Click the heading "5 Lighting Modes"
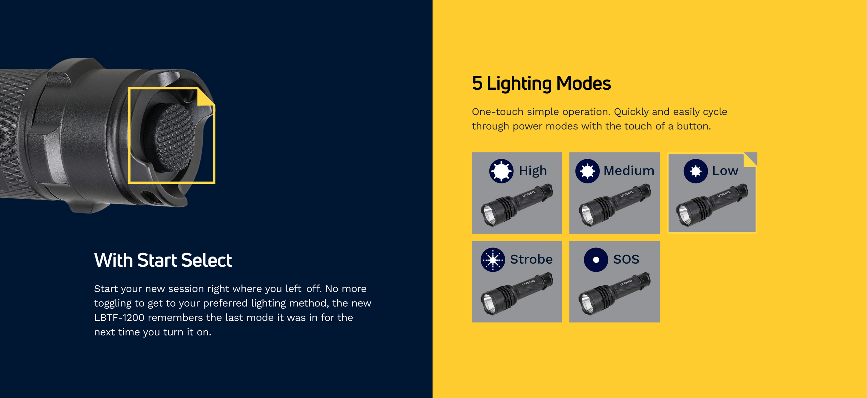click(x=541, y=83)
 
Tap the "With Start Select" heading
click(x=163, y=260)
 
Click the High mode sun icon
click(x=501, y=171)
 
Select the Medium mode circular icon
click(x=588, y=171)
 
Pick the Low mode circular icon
click(x=696, y=171)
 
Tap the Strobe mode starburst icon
click(x=493, y=260)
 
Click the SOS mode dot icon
click(x=596, y=260)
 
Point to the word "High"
click(x=533, y=171)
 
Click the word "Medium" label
click(x=629, y=171)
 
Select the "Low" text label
click(x=725, y=171)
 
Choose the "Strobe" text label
click(x=531, y=259)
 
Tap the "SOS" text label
click(x=626, y=259)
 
